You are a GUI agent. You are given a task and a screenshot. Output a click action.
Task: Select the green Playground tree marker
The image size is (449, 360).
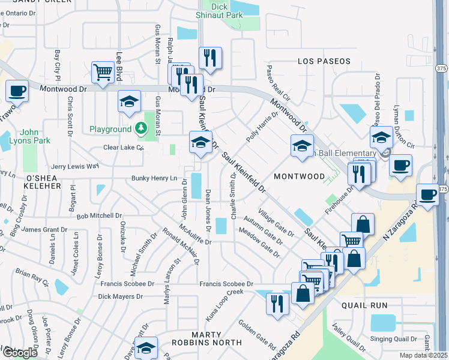pyautogui.click(x=140, y=128)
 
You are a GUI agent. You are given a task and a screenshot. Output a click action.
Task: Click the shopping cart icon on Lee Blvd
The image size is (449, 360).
pyautogui.click(x=103, y=73)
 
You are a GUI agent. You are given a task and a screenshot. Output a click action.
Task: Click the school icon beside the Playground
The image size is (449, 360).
pyautogui.click(x=128, y=103)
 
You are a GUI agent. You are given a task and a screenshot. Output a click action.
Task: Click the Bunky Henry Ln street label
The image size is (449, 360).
pyautogui.click(x=155, y=178)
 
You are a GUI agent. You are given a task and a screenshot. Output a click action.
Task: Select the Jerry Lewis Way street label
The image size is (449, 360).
pyautogui.click(x=75, y=166)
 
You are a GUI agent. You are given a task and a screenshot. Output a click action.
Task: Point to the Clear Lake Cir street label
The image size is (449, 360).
pyautogui.click(x=123, y=147)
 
